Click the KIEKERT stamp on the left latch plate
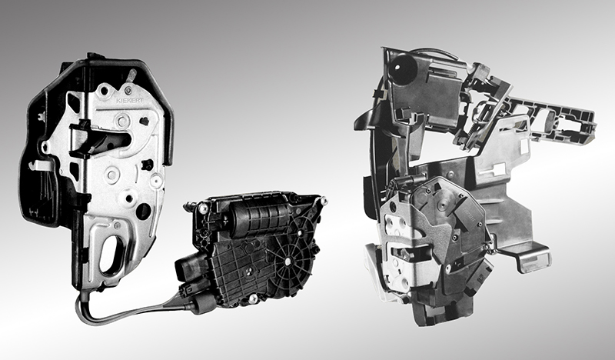(129, 101)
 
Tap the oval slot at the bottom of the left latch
(111, 254)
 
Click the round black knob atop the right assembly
(403, 69)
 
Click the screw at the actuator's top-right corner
(324, 202)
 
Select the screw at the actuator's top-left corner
(203, 208)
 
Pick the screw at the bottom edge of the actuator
(253, 298)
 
